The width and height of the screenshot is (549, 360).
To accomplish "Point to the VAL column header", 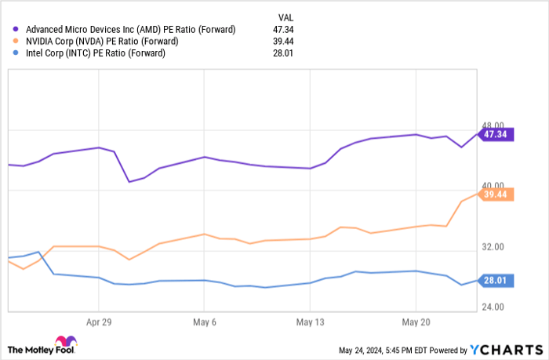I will click(x=287, y=16).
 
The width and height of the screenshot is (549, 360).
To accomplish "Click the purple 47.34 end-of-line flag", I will click(x=496, y=134).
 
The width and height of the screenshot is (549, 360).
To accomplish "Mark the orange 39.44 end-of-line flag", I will click(x=496, y=194).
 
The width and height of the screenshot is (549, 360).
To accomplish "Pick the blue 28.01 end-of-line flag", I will click(x=496, y=281).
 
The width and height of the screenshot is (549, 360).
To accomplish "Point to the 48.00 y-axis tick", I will click(x=493, y=125).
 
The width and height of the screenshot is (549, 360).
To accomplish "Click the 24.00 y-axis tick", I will click(x=493, y=307).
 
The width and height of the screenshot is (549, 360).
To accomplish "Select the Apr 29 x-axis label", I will click(x=99, y=322).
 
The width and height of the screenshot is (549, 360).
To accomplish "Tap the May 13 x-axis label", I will click(x=309, y=322).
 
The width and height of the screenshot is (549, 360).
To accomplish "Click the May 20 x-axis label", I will click(x=415, y=322).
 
